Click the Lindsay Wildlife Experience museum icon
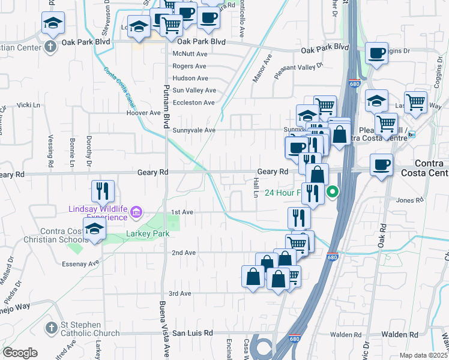137,212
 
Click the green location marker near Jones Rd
332,193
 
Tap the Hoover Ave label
143,113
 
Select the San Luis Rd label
193,332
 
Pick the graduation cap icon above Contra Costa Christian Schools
94,229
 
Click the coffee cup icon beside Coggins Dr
376,53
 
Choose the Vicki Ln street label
28,105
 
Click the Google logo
20,353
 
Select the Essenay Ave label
80,263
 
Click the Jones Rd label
411,200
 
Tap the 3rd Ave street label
179,293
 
